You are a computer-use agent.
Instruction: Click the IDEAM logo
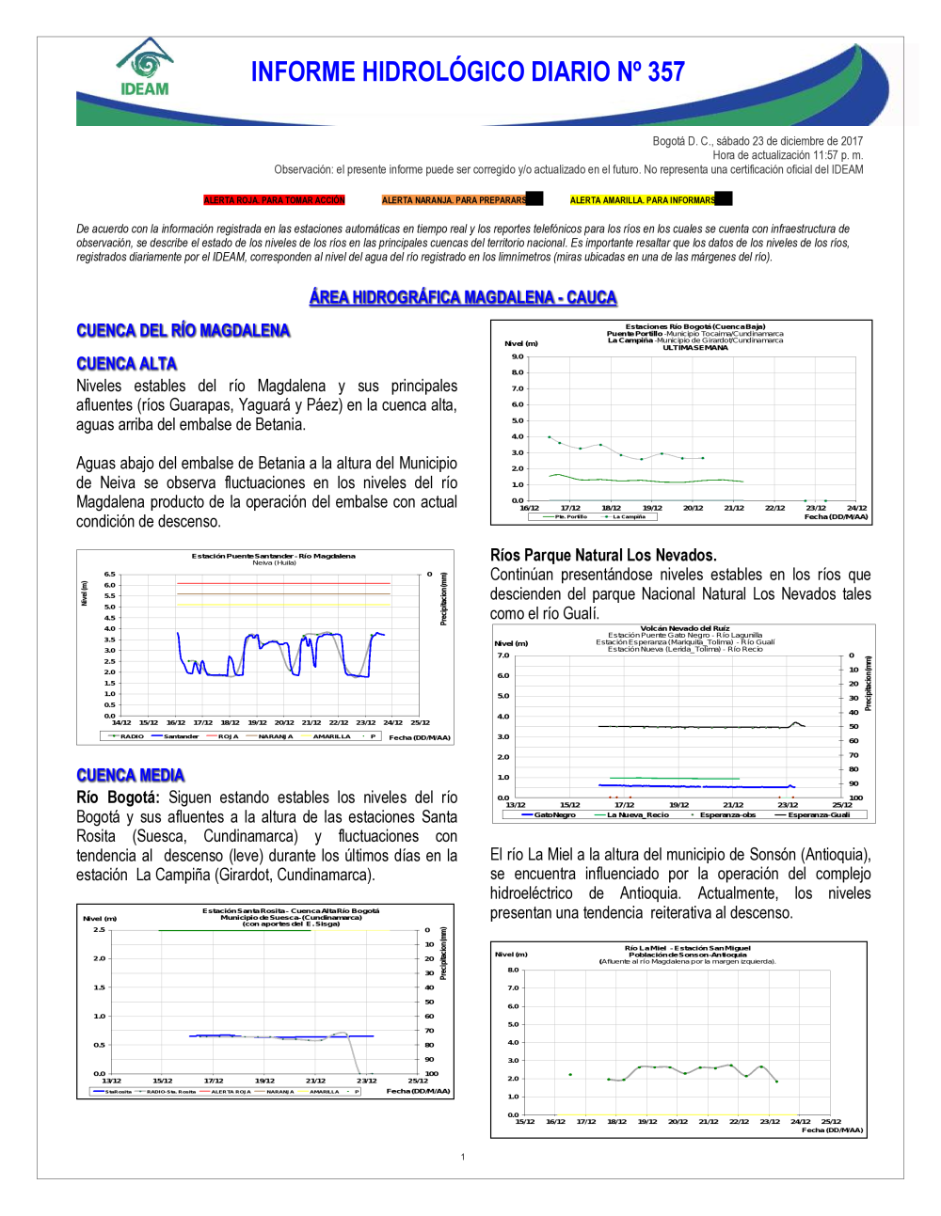point(145,69)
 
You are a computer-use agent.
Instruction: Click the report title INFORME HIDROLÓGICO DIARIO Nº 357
point(468,72)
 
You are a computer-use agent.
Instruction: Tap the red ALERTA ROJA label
point(274,200)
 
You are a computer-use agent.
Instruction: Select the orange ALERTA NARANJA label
point(455,200)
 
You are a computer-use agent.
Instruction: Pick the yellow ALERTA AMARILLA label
point(643,200)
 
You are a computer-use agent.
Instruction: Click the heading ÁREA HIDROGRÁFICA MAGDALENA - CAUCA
point(463,298)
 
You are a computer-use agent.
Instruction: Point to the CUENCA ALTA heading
point(127,364)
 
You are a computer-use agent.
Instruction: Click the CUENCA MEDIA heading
point(131,776)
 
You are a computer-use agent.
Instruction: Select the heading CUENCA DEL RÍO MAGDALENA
point(183,331)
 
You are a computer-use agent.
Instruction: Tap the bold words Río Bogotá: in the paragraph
point(118,798)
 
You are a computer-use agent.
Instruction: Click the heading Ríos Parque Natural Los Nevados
point(603,555)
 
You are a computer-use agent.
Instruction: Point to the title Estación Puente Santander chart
point(274,556)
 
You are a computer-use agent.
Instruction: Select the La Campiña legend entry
point(629,516)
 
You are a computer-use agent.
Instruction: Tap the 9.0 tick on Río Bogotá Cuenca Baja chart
point(518,356)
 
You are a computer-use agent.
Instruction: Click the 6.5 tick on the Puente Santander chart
point(110,574)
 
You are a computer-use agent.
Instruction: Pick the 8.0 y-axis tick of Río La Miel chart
point(513,970)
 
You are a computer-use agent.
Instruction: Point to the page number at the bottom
point(463,1157)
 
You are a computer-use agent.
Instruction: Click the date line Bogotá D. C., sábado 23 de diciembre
point(758,141)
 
